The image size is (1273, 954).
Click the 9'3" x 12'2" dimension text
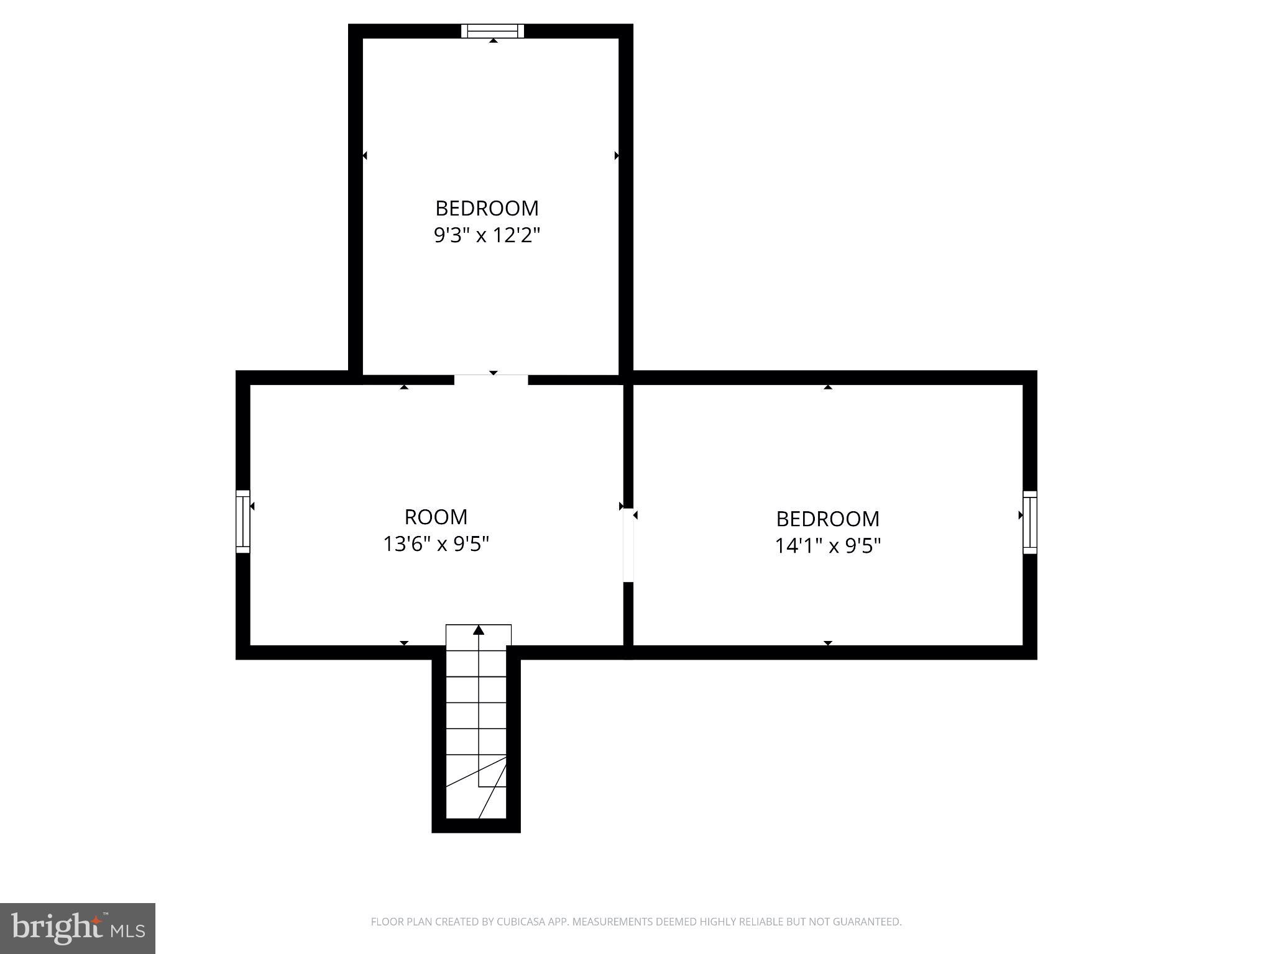[487, 235]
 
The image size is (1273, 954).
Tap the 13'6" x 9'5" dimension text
[436, 544]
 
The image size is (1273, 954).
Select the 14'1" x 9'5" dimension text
[827, 546]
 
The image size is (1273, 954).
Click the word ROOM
[436, 517]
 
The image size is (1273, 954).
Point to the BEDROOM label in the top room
[487, 208]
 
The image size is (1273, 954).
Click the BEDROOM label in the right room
[827, 519]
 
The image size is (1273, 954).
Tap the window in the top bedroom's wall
[493, 31]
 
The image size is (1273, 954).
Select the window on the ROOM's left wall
[242, 522]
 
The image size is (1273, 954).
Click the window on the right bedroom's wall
[1030, 522]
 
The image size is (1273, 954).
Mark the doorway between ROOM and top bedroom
[491, 379]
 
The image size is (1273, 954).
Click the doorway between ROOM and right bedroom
[628, 545]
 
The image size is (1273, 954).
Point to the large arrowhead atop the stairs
[479, 630]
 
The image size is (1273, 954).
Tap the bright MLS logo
[78, 929]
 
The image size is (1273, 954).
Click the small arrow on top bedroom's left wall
[365, 155]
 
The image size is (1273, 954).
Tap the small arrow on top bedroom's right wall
[617, 155]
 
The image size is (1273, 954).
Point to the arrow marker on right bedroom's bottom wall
[827, 643]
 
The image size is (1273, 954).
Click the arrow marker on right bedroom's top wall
[827, 387]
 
